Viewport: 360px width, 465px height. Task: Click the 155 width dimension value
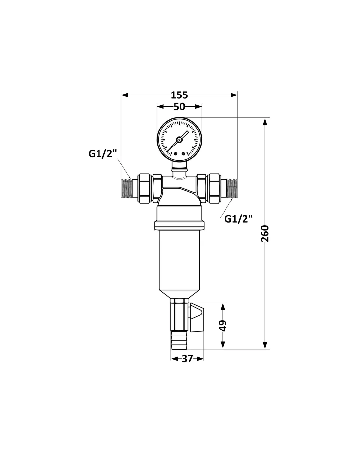[179, 95]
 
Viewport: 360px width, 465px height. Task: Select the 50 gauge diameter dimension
[179, 106]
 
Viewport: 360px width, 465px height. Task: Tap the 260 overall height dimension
[265, 233]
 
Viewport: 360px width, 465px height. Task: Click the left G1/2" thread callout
[102, 154]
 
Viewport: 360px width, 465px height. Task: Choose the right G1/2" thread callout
[239, 219]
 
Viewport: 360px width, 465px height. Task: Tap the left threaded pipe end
[126, 188]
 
